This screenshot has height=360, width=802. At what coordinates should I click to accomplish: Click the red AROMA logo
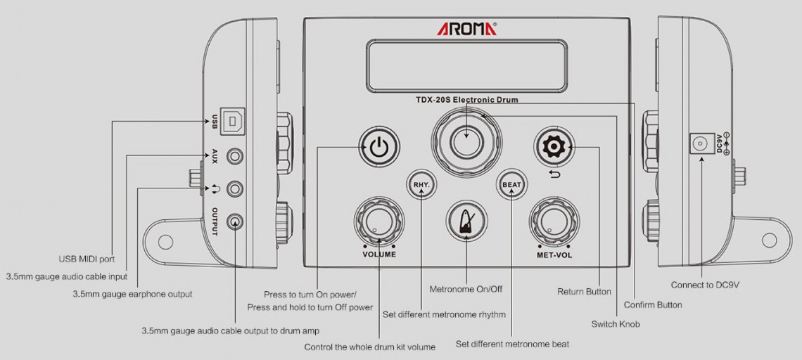coord(466,29)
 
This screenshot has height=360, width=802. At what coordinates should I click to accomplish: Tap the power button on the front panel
coord(379,147)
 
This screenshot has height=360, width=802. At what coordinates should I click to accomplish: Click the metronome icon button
coord(466,221)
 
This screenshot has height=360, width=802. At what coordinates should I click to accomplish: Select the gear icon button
coord(554,147)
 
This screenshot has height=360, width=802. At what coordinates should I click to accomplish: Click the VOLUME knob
coord(378,222)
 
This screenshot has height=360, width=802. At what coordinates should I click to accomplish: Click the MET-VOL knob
coord(554,222)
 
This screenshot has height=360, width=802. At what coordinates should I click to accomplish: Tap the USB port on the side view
coord(232,122)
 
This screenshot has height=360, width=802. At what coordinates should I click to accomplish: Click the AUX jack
coord(235,155)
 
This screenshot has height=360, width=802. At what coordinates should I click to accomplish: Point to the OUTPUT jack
coord(235,221)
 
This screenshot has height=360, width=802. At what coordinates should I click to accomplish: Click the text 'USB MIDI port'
coord(87,259)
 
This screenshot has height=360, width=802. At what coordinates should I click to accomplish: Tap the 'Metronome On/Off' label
coord(466,289)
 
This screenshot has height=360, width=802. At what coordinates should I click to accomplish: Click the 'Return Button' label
coord(584,292)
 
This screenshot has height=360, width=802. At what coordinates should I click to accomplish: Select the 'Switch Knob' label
coord(616,324)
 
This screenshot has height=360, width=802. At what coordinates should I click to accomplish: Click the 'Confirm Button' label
coord(653,304)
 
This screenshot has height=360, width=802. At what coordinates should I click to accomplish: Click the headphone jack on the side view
coord(235,188)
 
